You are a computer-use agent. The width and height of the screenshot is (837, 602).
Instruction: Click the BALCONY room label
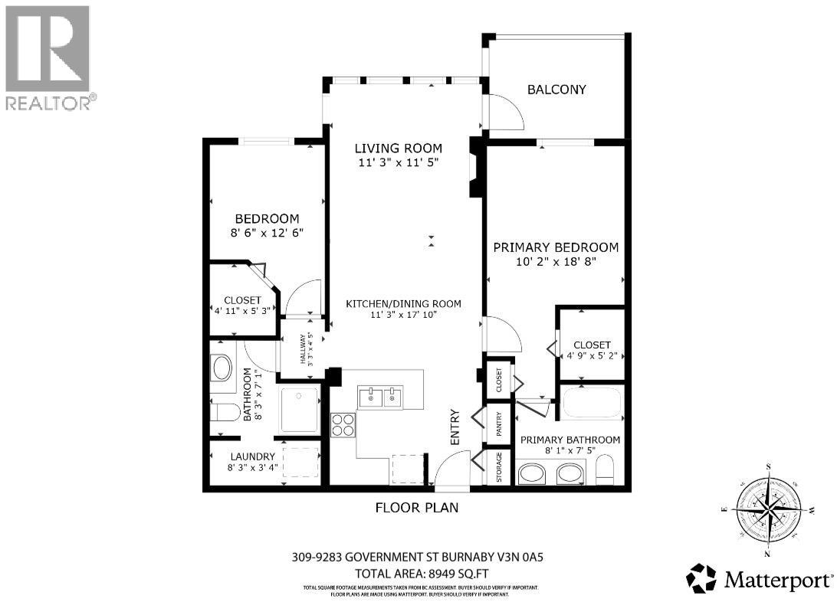pyautogui.click(x=556, y=90)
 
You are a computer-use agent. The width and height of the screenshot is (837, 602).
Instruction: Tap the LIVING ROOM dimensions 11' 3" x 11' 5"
pyautogui.click(x=398, y=162)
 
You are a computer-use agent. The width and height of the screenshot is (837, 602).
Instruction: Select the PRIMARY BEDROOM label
pyautogui.click(x=555, y=247)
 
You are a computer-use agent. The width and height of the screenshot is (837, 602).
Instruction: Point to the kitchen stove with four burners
pyautogui.click(x=343, y=424)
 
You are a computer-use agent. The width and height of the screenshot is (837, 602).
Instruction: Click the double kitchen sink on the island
pyautogui.click(x=380, y=397)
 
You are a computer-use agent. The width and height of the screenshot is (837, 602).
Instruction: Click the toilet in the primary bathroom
pyautogui.click(x=605, y=471)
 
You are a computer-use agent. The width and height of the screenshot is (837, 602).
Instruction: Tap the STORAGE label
pyautogui.click(x=499, y=467)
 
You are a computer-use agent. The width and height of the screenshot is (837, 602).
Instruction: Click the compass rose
pyautogui.click(x=767, y=509)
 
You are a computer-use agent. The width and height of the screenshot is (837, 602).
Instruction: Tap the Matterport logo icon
pyautogui.click(x=701, y=578)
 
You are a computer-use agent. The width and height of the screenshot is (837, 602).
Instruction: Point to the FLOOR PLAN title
pyautogui.click(x=417, y=507)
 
